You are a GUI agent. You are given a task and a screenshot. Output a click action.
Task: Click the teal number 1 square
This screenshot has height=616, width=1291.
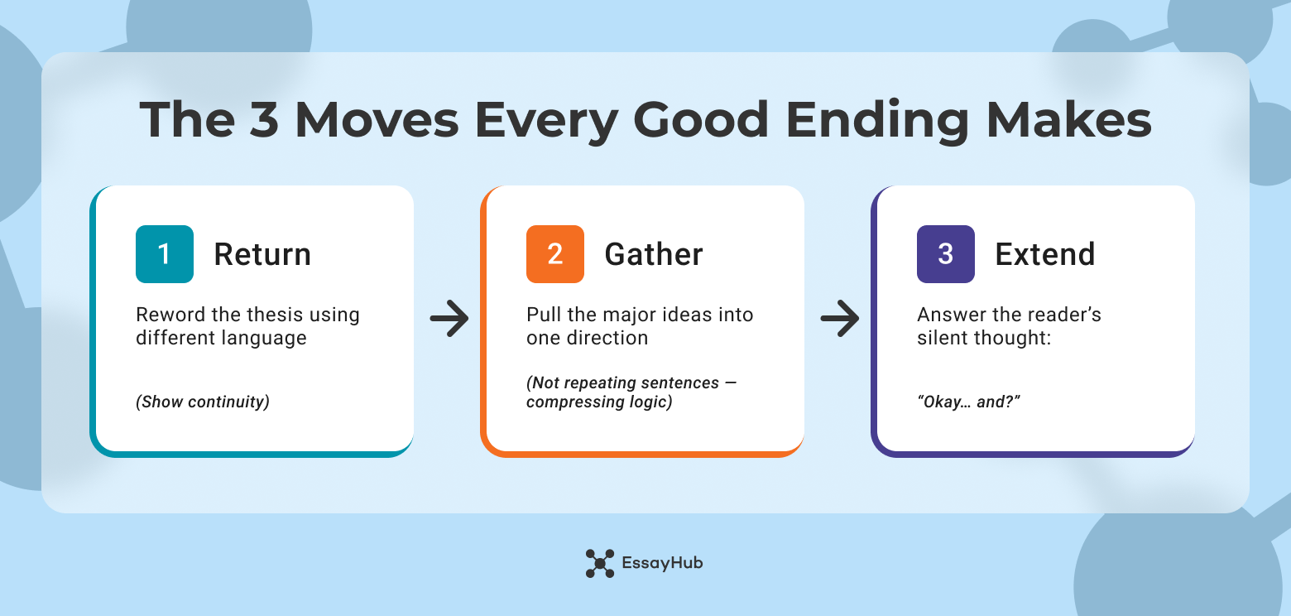click(165, 254)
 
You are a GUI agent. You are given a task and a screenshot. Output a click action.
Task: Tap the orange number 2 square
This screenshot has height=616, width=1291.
click(555, 254)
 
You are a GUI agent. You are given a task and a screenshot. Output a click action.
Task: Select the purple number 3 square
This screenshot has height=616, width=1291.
click(946, 254)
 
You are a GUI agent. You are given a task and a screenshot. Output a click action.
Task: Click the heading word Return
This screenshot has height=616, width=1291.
click(262, 254)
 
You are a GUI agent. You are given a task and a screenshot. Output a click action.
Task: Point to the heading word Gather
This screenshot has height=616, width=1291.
click(654, 254)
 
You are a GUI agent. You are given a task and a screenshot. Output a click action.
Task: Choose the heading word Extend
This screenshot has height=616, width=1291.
click(1044, 254)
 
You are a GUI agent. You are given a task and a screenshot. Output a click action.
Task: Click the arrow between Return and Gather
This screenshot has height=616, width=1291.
click(449, 319)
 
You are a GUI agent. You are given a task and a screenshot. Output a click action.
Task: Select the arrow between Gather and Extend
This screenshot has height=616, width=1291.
click(840, 319)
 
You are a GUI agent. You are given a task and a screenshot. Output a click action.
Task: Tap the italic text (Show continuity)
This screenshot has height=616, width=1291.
click(203, 402)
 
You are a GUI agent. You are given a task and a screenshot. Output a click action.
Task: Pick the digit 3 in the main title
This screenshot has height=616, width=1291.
click(265, 121)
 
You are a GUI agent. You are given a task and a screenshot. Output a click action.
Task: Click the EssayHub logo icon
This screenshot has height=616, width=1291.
click(600, 563)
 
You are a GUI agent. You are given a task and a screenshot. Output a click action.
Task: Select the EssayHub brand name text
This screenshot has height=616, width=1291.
click(662, 563)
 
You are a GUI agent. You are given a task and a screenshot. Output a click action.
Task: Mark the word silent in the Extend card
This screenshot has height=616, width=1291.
click(942, 338)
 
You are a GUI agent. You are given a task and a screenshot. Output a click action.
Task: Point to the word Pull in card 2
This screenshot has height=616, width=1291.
click(542, 315)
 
